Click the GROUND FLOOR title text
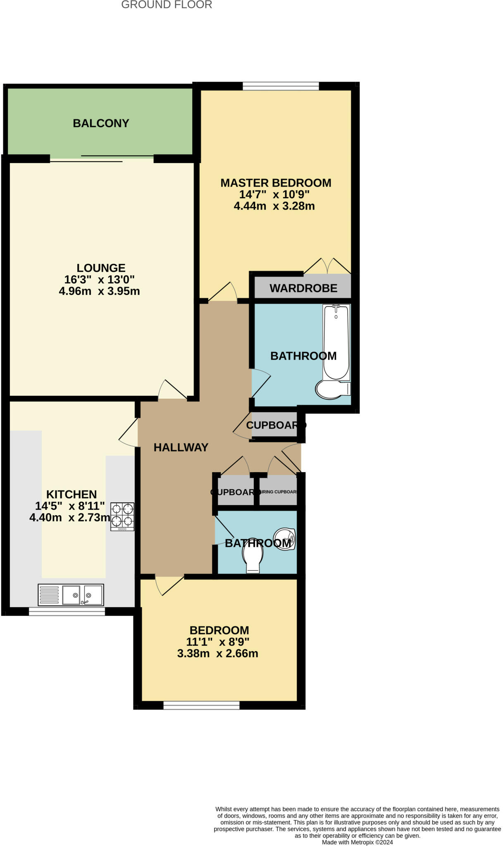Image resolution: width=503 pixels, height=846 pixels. tap(167, 5)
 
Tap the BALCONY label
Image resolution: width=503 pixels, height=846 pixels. tap(101, 123)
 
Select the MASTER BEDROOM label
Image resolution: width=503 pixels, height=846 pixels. tap(276, 183)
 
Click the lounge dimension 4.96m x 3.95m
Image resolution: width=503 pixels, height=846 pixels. tap(99, 291)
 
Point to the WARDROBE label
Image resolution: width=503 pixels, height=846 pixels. tap(303, 288)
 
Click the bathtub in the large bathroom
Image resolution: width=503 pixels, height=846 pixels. tap(336, 342)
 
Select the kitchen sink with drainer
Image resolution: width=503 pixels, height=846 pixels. tap(71, 595)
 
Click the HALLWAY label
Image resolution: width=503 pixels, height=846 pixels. tap(181, 447)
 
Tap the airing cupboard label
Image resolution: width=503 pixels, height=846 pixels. tap(278, 492)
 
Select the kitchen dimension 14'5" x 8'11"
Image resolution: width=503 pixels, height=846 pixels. tap(70, 506)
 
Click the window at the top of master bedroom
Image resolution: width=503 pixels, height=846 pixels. tap(281, 86)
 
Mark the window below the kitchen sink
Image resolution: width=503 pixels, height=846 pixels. tap(67, 612)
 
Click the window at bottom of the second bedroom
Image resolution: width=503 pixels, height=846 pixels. tap(201, 705)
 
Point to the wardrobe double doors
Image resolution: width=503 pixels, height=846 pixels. tap(327, 266)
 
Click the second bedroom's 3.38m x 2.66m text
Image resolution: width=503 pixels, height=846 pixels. tap(217, 654)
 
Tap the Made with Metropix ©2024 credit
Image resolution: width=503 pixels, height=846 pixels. tap(357, 842)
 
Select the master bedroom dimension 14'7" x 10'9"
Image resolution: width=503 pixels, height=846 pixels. tap(274, 194)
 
